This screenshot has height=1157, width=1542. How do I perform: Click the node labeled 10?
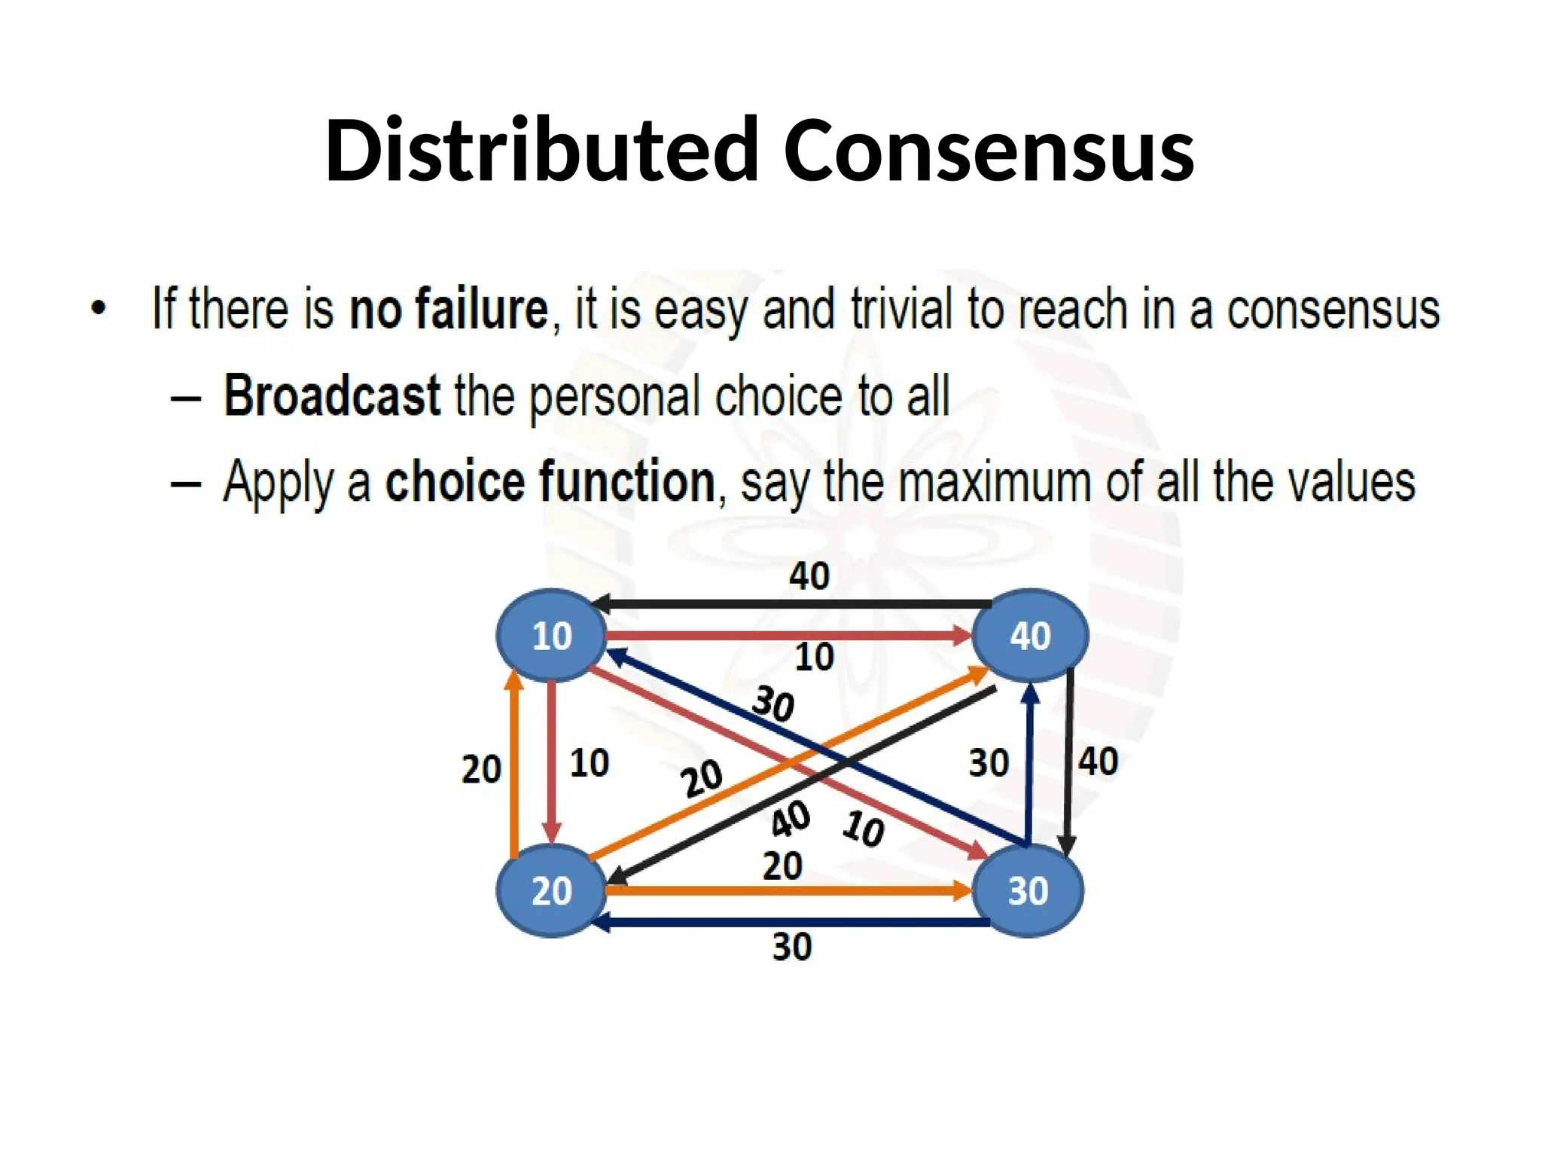pos(552,636)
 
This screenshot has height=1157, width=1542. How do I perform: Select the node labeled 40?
pos(1029,636)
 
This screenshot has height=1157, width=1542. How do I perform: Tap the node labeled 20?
pos(552,890)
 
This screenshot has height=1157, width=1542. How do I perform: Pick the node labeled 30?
pos(1028,890)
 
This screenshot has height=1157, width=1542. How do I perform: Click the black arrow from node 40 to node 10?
pos(791,604)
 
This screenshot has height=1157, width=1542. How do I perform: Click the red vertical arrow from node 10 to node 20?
pos(553,761)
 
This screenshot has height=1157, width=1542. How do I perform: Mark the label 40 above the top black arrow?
pos(809,576)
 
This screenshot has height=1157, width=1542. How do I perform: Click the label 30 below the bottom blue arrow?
pos(792,947)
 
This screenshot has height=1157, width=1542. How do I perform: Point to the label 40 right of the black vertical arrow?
pos(1098,762)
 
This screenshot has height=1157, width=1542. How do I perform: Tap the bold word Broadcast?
pos(332,395)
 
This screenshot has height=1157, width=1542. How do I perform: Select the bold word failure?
pos(482,309)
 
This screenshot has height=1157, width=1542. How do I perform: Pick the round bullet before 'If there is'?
pos(98,309)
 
